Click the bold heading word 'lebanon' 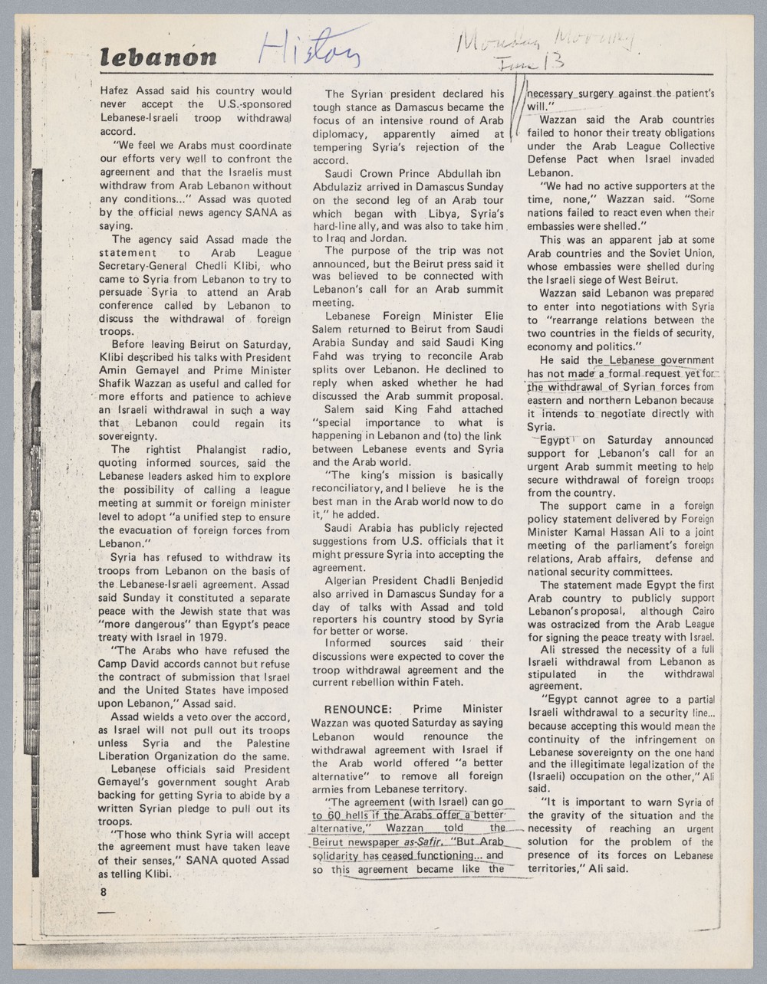point(159,57)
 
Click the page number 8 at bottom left point(104,892)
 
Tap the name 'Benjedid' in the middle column point(475,580)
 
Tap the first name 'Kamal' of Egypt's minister point(591,532)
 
